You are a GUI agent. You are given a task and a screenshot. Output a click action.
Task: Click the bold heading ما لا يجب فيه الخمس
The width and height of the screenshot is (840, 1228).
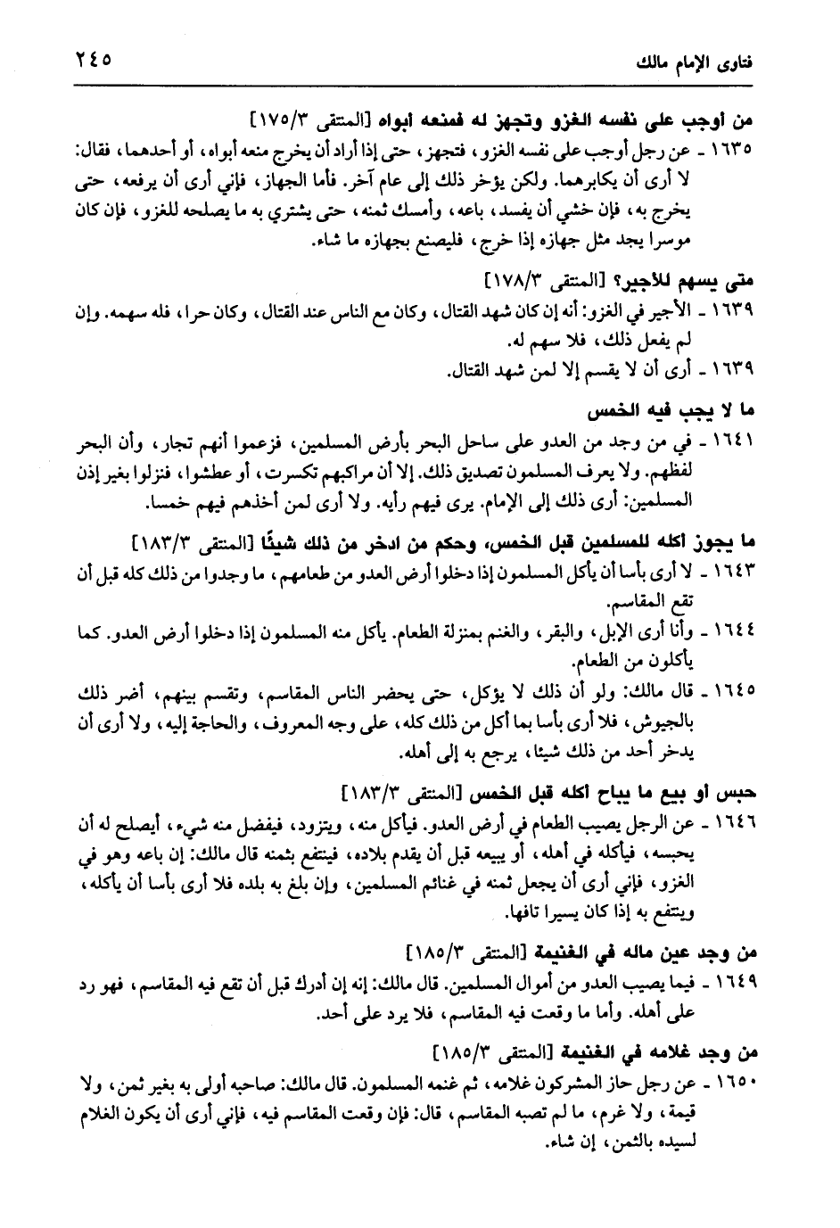(x=668, y=413)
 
